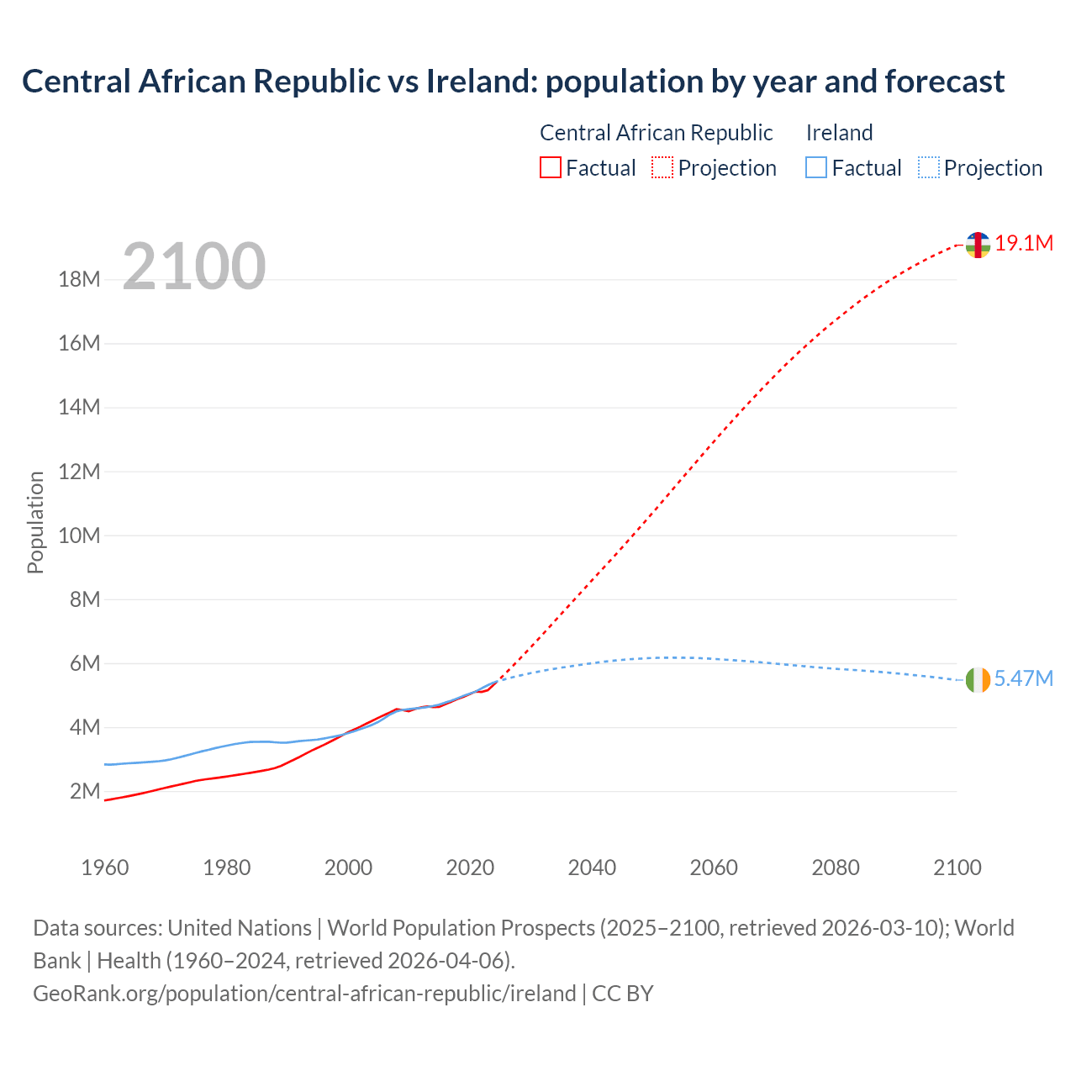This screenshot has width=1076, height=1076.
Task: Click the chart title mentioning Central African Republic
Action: pyautogui.click(x=513, y=82)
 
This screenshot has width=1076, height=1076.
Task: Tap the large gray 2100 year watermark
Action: pyautogui.click(x=194, y=266)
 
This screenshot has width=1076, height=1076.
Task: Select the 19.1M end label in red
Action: pyautogui.click(x=1024, y=244)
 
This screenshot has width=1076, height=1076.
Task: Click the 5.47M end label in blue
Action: pyautogui.click(x=1023, y=679)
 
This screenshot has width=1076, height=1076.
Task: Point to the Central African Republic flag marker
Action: pyautogui.click(x=978, y=245)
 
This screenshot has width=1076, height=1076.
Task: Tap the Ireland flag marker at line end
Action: pyautogui.click(x=978, y=680)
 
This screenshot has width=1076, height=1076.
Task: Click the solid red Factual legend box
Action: pyautogui.click(x=550, y=168)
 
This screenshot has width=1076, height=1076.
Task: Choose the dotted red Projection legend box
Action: pyautogui.click(x=662, y=168)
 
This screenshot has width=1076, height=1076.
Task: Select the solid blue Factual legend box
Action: pyautogui.click(x=816, y=168)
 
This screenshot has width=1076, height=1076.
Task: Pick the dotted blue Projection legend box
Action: pyautogui.click(x=929, y=168)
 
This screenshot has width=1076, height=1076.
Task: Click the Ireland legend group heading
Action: pyautogui.click(x=839, y=133)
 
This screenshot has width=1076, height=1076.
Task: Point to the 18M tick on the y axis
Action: pyautogui.click(x=79, y=279)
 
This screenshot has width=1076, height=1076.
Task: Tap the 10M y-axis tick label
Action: pyautogui.click(x=79, y=535)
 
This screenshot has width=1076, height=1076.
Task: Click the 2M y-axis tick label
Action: pyautogui.click(x=85, y=791)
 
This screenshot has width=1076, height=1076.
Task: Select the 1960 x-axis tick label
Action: pyautogui.click(x=105, y=868)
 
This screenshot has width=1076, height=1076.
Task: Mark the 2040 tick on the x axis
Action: pyautogui.click(x=592, y=868)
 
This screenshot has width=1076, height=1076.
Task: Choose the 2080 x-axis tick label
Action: pyautogui.click(x=836, y=868)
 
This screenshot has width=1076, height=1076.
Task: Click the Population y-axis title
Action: pyautogui.click(x=35, y=522)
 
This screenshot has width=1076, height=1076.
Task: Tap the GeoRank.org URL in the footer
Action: pyautogui.click(x=304, y=994)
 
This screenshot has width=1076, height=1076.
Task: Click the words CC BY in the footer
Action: pyautogui.click(x=623, y=994)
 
